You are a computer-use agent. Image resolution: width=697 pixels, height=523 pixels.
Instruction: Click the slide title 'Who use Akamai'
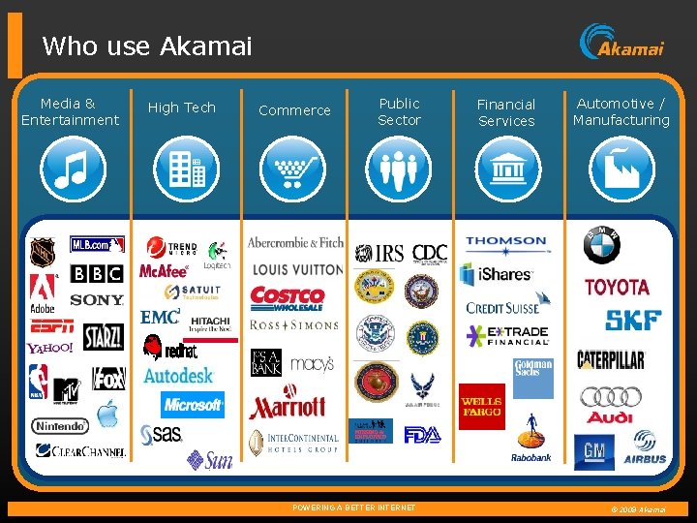coord(147,46)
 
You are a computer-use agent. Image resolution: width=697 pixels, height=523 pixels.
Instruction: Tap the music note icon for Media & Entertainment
coord(70,169)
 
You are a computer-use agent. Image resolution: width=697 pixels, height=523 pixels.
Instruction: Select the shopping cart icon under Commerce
coord(293,169)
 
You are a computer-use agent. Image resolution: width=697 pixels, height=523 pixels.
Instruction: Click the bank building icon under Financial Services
coord(506,169)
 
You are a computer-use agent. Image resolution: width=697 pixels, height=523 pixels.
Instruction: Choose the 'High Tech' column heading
coord(181,108)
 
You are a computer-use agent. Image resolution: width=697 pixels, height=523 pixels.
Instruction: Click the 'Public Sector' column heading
coord(399,111)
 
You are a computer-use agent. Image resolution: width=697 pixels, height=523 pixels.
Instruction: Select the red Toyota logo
coord(617,287)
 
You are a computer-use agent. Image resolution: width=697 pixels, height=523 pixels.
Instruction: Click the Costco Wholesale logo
coord(287,297)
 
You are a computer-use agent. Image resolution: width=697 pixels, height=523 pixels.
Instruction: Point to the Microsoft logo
coord(194,404)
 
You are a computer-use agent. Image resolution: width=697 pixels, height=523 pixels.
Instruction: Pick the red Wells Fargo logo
coord(481,407)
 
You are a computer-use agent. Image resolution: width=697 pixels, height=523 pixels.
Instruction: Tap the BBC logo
coord(97,274)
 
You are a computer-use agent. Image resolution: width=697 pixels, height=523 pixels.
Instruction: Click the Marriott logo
coord(287,406)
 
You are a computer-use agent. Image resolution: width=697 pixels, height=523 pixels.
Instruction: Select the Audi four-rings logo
coord(610,402)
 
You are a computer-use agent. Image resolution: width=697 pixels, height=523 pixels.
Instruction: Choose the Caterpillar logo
coord(610,360)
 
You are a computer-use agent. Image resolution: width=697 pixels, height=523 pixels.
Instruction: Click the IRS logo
coord(379,254)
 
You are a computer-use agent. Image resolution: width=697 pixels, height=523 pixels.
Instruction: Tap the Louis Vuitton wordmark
coord(297,269)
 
